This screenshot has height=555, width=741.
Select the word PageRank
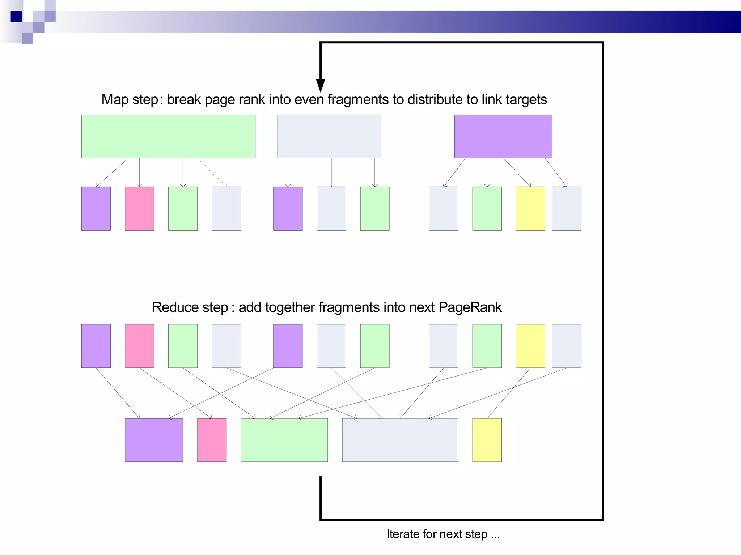pyautogui.click(x=470, y=307)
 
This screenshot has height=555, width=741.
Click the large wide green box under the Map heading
pyautogui.click(x=168, y=136)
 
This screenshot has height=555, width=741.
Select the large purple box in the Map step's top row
pyautogui.click(x=503, y=136)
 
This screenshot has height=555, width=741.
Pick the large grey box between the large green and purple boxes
pyautogui.click(x=329, y=136)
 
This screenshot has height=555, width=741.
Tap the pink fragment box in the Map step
pyautogui.click(x=139, y=208)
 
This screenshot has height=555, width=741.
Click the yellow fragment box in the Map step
pyautogui.click(x=530, y=208)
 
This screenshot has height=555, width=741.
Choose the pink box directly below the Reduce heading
pyautogui.click(x=139, y=346)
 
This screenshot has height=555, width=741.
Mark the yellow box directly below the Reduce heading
pyautogui.click(x=530, y=346)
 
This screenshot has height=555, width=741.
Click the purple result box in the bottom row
pyautogui.click(x=154, y=440)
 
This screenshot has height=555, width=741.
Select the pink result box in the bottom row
pyautogui.click(x=212, y=440)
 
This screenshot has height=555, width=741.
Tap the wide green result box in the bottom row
pyautogui.click(x=284, y=440)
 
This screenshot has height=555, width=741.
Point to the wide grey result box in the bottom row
pyautogui.click(x=400, y=440)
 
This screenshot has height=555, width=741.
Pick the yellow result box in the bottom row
pyautogui.click(x=487, y=440)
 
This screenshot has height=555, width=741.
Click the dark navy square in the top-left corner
pyautogui.click(x=16, y=17)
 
